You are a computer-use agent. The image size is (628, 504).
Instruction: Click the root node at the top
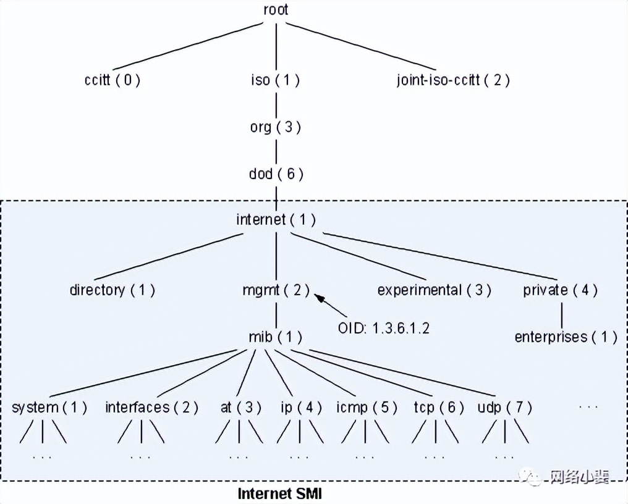pos(275,10)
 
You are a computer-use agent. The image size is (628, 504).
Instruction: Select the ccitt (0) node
pos(112,80)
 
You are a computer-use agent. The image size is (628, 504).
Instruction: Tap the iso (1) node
pos(275,80)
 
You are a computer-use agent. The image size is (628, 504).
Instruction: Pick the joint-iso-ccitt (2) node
pos(453,80)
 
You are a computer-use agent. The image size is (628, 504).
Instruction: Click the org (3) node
pos(275,127)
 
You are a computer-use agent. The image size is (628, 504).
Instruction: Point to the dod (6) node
pos(276,174)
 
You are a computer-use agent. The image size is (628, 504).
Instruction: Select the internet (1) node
pos(276,219)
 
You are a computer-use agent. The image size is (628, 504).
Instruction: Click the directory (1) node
pos(112,290)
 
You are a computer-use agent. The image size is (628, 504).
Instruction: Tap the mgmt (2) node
pos(276,290)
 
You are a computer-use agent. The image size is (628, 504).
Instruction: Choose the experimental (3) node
pos(434,290)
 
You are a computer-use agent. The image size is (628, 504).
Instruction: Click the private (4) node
pos(561,290)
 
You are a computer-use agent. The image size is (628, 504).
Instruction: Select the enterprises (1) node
pos(566,337)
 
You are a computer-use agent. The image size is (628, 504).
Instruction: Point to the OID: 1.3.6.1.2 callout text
pos(383,328)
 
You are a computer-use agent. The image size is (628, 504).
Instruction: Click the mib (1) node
pos(276,337)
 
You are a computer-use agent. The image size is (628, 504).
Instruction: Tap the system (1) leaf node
pos(49,408)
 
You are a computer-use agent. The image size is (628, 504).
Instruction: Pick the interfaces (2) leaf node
pos(151,408)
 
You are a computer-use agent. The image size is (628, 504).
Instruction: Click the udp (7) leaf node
pos(504,408)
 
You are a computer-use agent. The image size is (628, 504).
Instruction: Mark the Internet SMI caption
pos(280,493)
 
